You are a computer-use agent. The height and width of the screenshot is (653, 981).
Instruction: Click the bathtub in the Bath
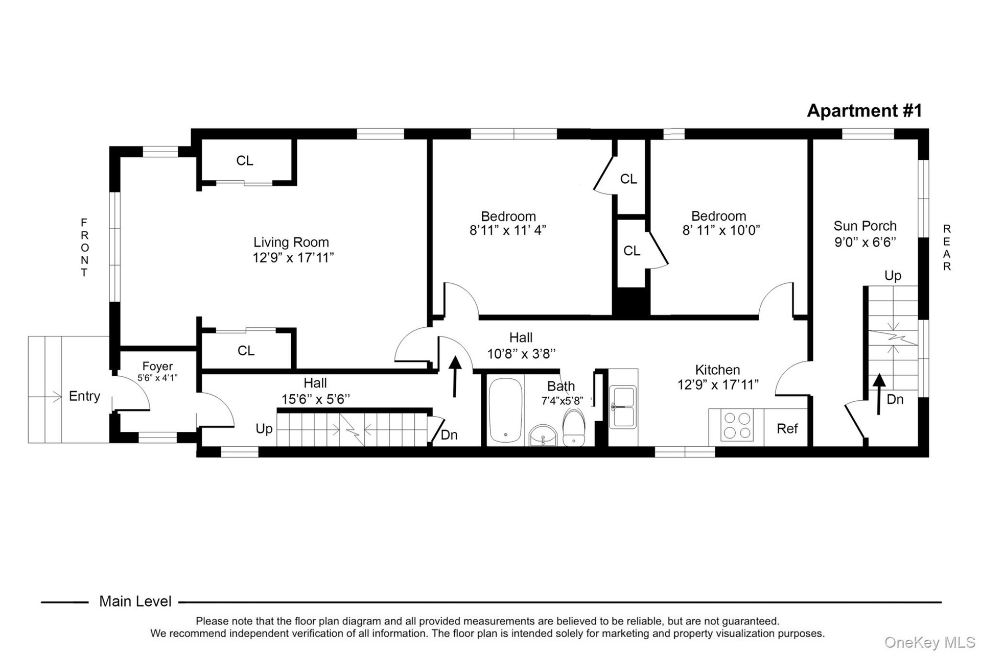pyautogui.click(x=505, y=410)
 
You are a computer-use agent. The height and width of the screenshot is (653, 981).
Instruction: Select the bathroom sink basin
pyautogui.click(x=543, y=436)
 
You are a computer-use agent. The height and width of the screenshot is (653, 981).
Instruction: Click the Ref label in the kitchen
pyautogui.click(x=787, y=428)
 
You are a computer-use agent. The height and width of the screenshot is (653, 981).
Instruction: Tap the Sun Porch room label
pyautogui.click(x=865, y=226)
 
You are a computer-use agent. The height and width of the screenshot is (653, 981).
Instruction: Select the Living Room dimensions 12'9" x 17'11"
pyautogui.click(x=293, y=257)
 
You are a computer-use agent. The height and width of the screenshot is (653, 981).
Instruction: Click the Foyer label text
pyautogui.click(x=157, y=366)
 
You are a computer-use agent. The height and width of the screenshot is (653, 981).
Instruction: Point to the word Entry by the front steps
pyautogui.click(x=84, y=396)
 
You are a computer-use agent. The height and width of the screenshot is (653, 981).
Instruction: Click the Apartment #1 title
pyautogui.click(x=865, y=110)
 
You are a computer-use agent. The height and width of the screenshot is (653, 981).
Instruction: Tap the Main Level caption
pyautogui.click(x=135, y=601)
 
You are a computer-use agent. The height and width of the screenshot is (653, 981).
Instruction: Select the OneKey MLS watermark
pyautogui.click(x=930, y=642)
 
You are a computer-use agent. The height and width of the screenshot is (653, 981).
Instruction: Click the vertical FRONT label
pyautogui.click(x=84, y=247)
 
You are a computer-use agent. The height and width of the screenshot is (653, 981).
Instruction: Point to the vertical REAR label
pyautogui.click(x=947, y=247)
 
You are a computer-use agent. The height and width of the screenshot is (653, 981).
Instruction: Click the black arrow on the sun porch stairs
pyautogui.click(x=879, y=394)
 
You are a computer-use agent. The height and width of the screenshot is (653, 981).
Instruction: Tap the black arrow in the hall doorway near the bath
pyautogui.click(x=455, y=376)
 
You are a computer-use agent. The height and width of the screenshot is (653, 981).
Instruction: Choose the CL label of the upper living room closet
pyautogui.click(x=245, y=160)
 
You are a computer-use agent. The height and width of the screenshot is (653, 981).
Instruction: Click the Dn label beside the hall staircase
pyautogui.click(x=449, y=434)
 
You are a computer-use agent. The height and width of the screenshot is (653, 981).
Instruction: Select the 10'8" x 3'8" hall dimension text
pyautogui.click(x=521, y=353)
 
